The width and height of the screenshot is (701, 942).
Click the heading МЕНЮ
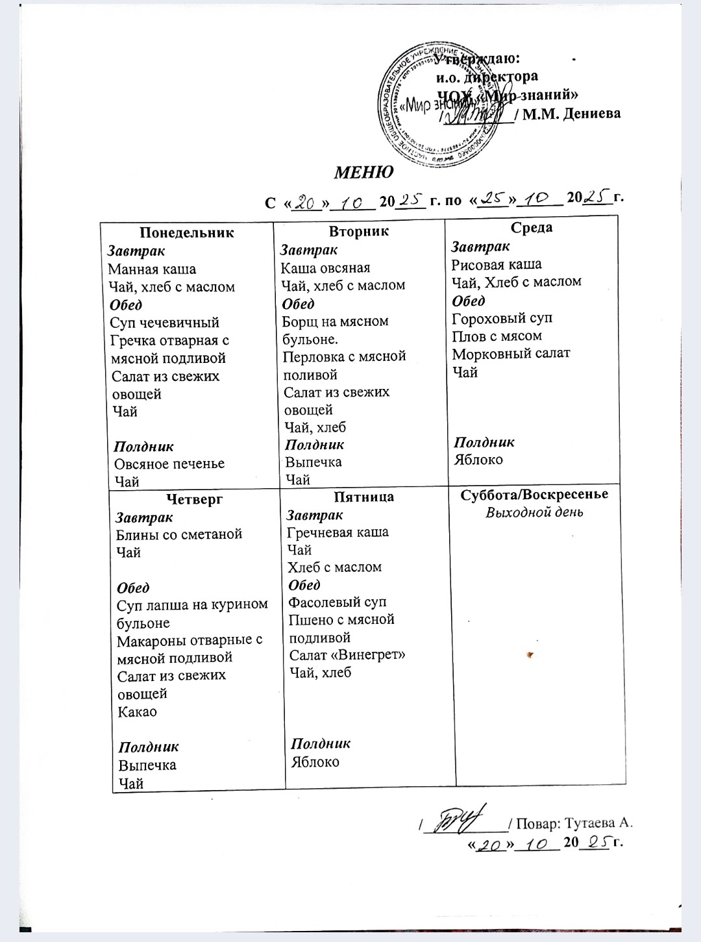click(363, 173)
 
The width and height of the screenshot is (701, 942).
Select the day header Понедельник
click(187, 232)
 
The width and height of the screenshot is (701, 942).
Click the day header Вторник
click(359, 231)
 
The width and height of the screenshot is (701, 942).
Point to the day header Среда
click(531, 227)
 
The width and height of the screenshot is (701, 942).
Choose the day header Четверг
click(194, 499)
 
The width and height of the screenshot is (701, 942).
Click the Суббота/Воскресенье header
click(534, 494)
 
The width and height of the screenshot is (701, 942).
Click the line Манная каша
click(152, 269)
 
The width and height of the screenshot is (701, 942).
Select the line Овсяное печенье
click(169, 464)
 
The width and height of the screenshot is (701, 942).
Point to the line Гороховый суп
click(502, 318)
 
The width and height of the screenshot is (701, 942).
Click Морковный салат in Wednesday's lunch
click(511, 353)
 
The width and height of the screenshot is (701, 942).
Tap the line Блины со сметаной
click(179, 534)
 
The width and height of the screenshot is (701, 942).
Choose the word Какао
click(138, 711)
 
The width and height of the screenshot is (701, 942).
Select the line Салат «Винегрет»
click(347, 654)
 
